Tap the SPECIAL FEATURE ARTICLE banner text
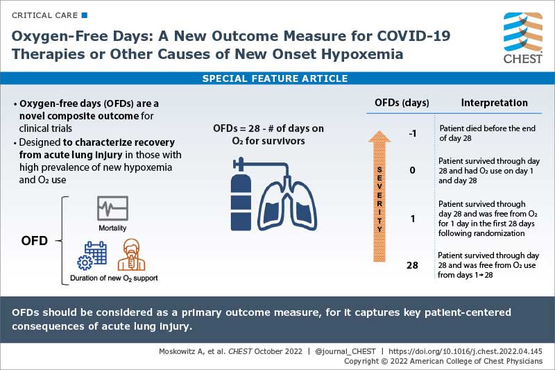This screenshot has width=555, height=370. pos(275,78)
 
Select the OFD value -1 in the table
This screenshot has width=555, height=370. pos(412,133)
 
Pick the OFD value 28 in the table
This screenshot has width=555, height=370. pos(411,264)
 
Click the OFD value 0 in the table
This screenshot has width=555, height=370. pos(412,169)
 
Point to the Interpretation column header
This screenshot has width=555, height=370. pos(494,103)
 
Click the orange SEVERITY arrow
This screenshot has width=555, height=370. pos(380,198)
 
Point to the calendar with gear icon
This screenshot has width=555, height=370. pos(92,256)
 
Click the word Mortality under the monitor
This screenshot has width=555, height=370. pos(112,228)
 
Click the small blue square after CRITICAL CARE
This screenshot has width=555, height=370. pos(85,15)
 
